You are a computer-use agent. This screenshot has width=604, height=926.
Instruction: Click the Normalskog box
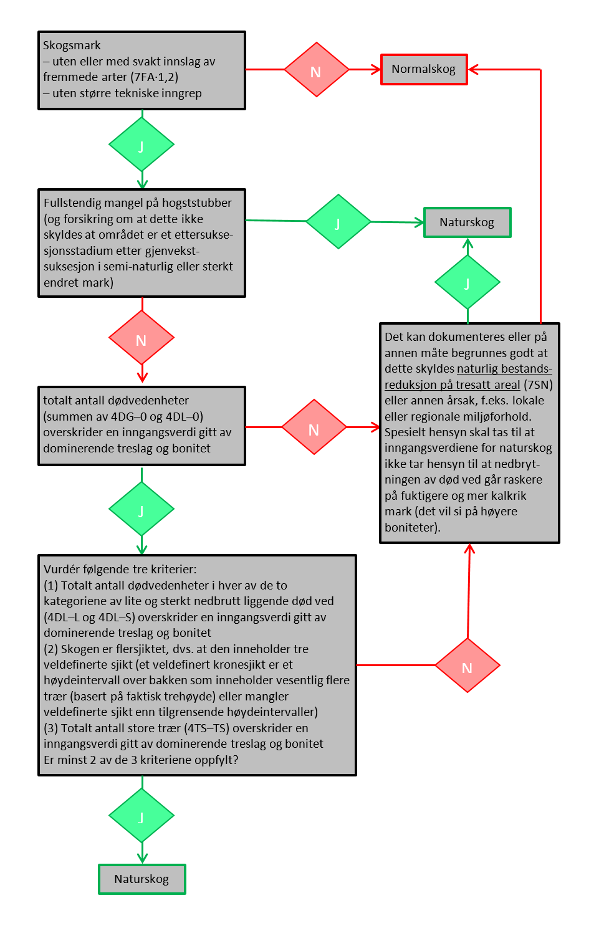tap(424, 69)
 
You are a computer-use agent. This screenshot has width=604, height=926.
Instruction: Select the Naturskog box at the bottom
tap(142, 879)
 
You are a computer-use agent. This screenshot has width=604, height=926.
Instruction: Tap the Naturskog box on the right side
tap(467, 222)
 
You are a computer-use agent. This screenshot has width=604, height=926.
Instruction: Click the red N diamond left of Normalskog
tap(316, 70)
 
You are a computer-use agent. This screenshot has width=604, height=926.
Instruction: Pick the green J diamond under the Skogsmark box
tap(141, 145)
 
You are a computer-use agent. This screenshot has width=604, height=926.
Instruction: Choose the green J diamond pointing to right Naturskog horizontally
tap(338, 222)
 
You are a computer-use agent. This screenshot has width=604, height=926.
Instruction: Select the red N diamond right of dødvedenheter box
tap(314, 427)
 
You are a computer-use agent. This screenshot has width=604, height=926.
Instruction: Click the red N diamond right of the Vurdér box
tap(467, 666)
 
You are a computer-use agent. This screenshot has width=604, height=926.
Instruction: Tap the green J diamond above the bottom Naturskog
tap(141, 816)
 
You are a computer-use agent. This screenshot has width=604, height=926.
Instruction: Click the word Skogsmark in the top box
tap(72, 45)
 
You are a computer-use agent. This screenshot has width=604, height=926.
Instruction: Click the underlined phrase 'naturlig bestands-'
tap(504, 369)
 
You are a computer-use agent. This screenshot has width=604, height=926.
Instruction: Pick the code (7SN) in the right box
tap(539, 385)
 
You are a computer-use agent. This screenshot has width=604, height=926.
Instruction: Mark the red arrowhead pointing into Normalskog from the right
tap(473, 70)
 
